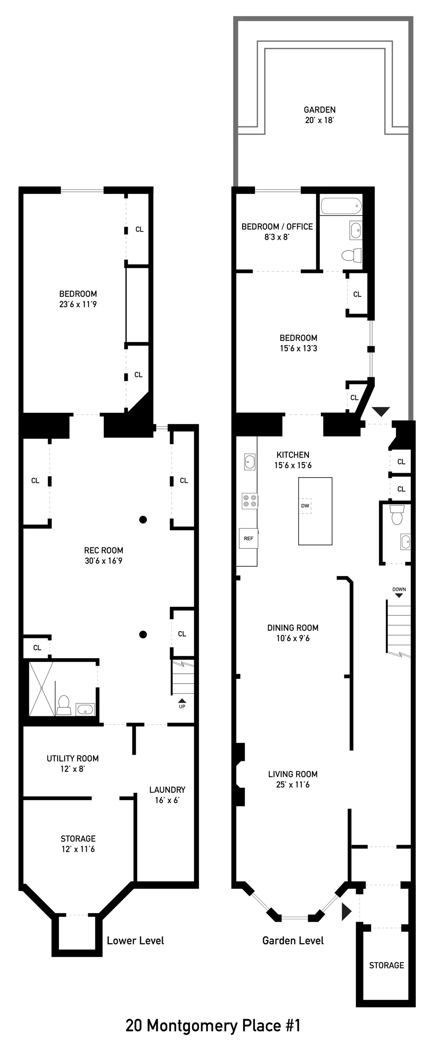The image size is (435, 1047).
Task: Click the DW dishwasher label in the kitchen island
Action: (x=305, y=506)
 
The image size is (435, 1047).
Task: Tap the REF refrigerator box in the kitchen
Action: (x=248, y=538)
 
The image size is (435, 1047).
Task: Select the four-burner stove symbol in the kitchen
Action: (x=249, y=501)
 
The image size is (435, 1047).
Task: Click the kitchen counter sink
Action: (x=249, y=462)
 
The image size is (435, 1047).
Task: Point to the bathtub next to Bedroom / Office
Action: (x=341, y=206)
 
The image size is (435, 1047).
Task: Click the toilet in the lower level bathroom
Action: (x=63, y=704)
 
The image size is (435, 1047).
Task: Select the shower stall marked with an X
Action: (x=41, y=689)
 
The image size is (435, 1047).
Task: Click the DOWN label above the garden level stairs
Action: (x=399, y=589)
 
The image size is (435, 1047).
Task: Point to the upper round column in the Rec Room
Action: (x=143, y=520)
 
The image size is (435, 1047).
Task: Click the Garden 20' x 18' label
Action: (x=319, y=115)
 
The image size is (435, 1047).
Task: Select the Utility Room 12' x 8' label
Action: (x=72, y=763)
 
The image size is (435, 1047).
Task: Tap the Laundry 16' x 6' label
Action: (x=167, y=795)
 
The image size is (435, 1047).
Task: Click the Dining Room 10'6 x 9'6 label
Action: (x=293, y=633)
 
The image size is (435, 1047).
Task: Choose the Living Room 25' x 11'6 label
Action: (x=293, y=779)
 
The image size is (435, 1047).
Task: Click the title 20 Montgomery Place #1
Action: (x=213, y=1025)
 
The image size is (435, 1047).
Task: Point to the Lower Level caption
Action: (x=135, y=941)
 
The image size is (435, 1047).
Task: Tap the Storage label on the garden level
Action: (x=386, y=965)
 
